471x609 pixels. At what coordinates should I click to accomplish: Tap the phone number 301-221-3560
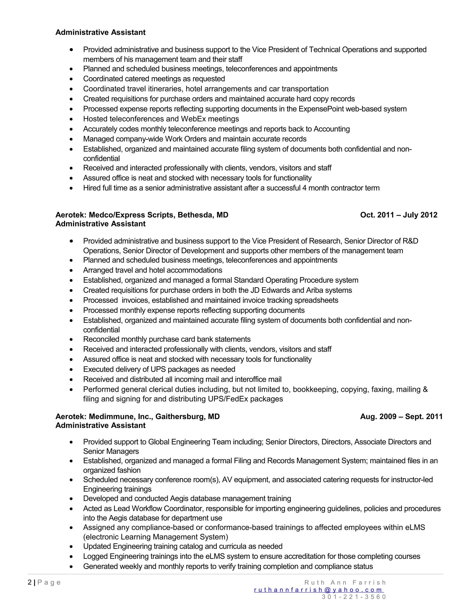(x=354, y=597)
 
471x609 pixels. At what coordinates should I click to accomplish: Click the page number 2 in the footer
(x=30, y=582)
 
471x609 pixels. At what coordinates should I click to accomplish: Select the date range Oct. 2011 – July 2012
(x=399, y=215)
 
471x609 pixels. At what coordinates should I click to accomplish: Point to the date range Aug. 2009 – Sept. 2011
(x=401, y=417)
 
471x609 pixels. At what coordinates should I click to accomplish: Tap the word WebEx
(x=193, y=119)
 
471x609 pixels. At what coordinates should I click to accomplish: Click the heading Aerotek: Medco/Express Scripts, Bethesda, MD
(x=142, y=215)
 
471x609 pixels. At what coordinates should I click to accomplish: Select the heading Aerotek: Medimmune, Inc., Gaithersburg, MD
(x=137, y=417)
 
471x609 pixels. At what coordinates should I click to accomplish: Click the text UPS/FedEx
(x=228, y=399)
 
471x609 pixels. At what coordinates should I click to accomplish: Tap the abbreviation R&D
(x=410, y=241)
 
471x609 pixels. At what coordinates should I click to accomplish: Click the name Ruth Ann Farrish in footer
(x=345, y=583)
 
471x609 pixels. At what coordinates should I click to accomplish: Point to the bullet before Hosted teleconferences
(x=72, y=119)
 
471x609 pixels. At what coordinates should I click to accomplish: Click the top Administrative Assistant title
(x=101, y=32)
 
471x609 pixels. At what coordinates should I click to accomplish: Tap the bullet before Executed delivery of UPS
(x=72, y=370)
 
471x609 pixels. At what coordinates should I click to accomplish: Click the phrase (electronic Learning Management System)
(x=155, y=537)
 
